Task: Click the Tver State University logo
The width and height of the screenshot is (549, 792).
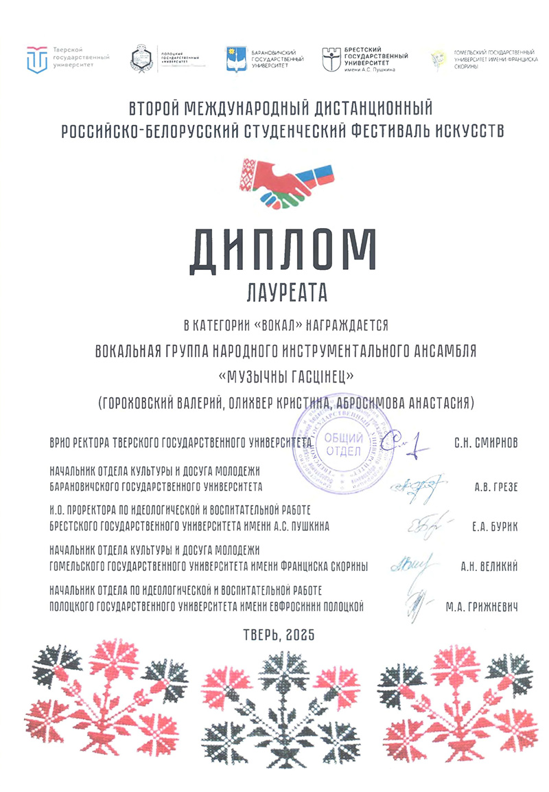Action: [x=37, y=59]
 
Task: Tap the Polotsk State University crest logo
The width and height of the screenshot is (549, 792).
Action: [x=142, y=59]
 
